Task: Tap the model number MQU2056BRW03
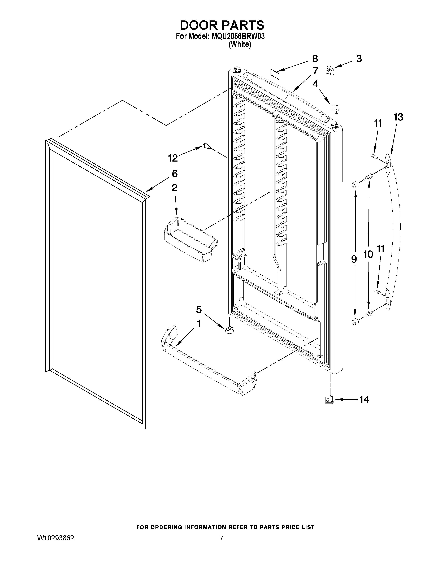(236, 36)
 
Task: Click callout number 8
(315, 59)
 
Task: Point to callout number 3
(359, 59)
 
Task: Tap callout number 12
(173, 158)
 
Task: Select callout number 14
(364, 399)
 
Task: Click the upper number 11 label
(378, 123)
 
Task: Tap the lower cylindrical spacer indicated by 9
(355, 322)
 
